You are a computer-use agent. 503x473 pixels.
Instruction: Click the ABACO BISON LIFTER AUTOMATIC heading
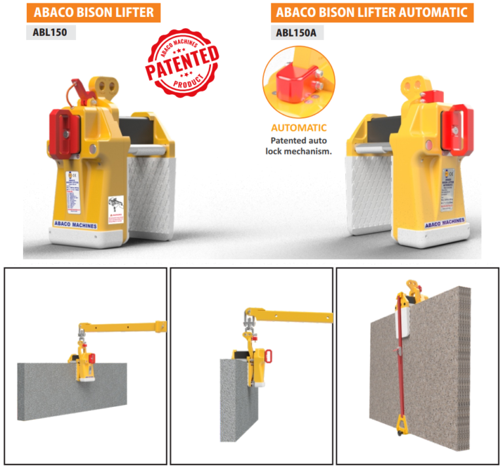(372, 12)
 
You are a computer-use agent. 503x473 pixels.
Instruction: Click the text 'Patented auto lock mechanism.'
(299, 145)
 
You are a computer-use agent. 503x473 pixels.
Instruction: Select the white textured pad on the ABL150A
(371, 190)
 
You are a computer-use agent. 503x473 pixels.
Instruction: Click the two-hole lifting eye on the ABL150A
(415, 86)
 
